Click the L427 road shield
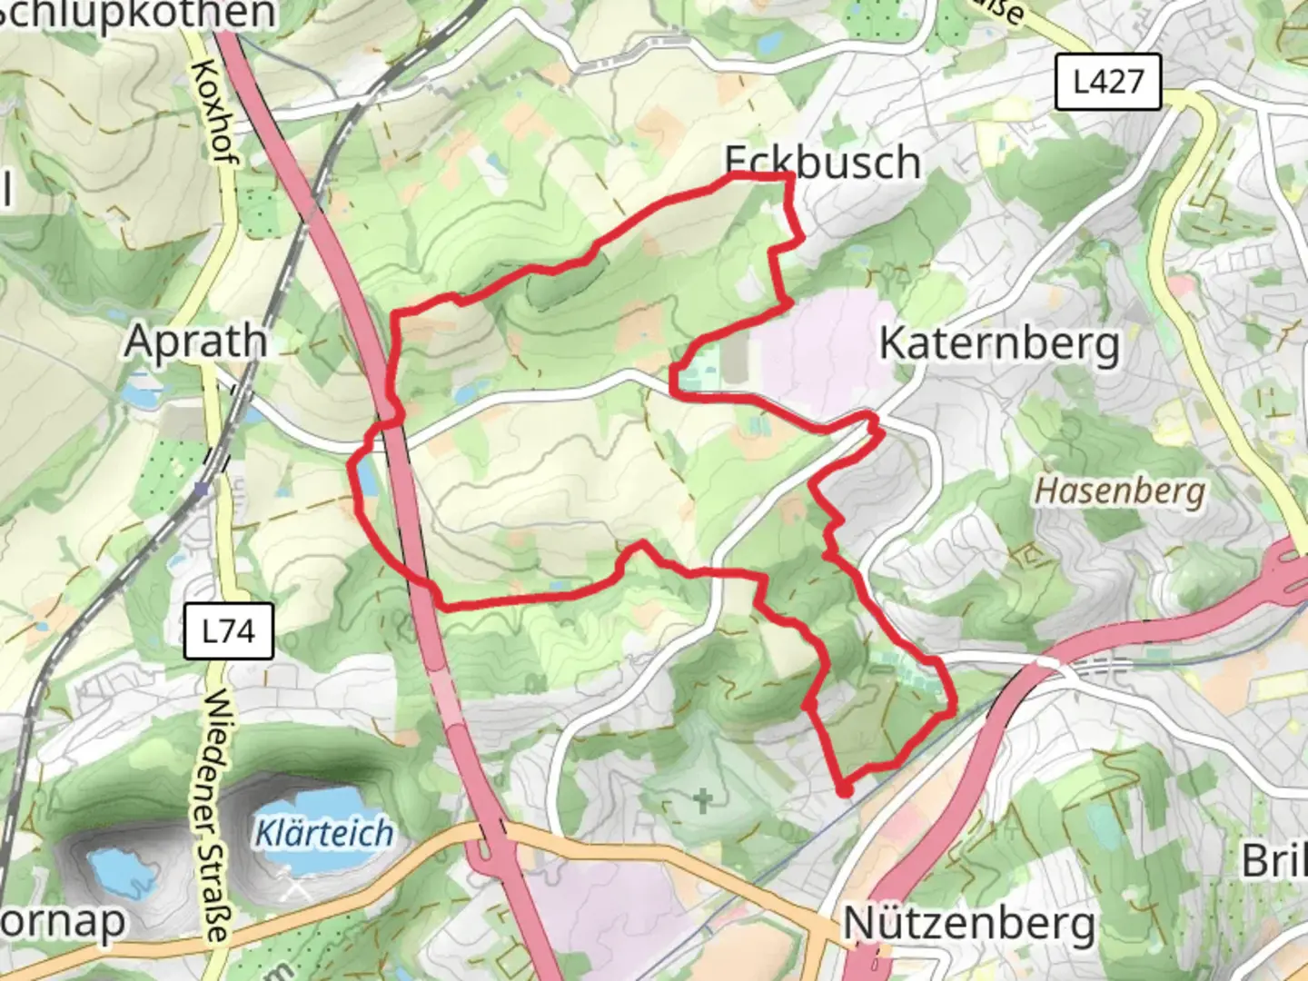(1107, 82)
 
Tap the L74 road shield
(228, 630)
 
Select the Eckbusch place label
(823, 163)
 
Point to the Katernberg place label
(999, 345)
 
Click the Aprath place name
(196, 342)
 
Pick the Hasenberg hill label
(1121, 491)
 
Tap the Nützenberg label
(969, 924)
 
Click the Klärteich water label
(324, 833)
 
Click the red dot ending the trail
(845, 791)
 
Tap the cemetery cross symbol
(702, 801)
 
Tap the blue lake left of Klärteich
(118, 867)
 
